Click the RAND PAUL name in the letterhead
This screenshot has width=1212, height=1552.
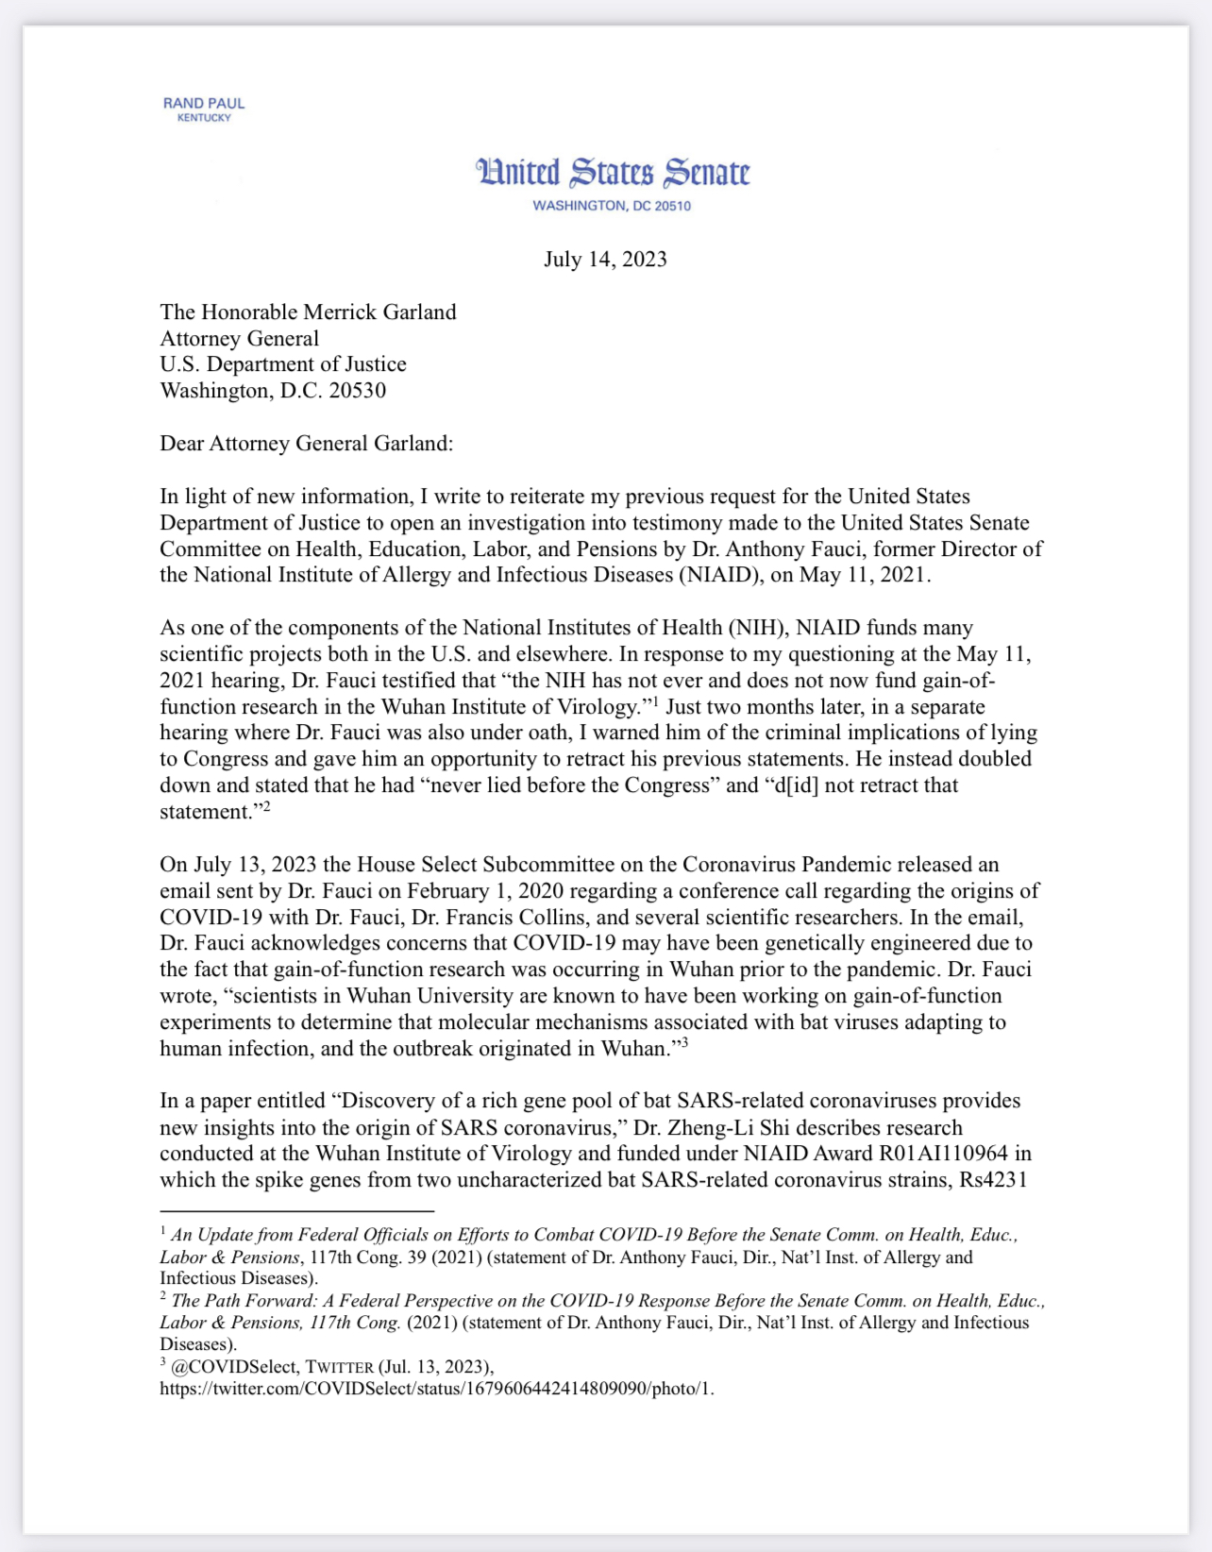click(x=204, y=103)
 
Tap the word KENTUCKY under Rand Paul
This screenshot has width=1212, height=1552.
click(x=204, y=118)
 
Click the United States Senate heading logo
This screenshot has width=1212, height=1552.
click(x=613, y=173)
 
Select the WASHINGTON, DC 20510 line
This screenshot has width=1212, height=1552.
click(x=612, y=206)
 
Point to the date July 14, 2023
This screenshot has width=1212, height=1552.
click(x=605, y=260)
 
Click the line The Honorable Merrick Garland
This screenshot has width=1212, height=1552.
click(x=308, y=312)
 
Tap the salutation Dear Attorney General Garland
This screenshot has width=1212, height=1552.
click(x=306, y=444)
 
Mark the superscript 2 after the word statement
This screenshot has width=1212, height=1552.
click(x=266, y=805)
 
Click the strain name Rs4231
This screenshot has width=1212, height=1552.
click(x=993, y=1180)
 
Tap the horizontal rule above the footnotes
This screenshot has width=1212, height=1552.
click(x=296, y=1211)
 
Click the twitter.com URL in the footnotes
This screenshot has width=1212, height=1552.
click(x=436, y=1389)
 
